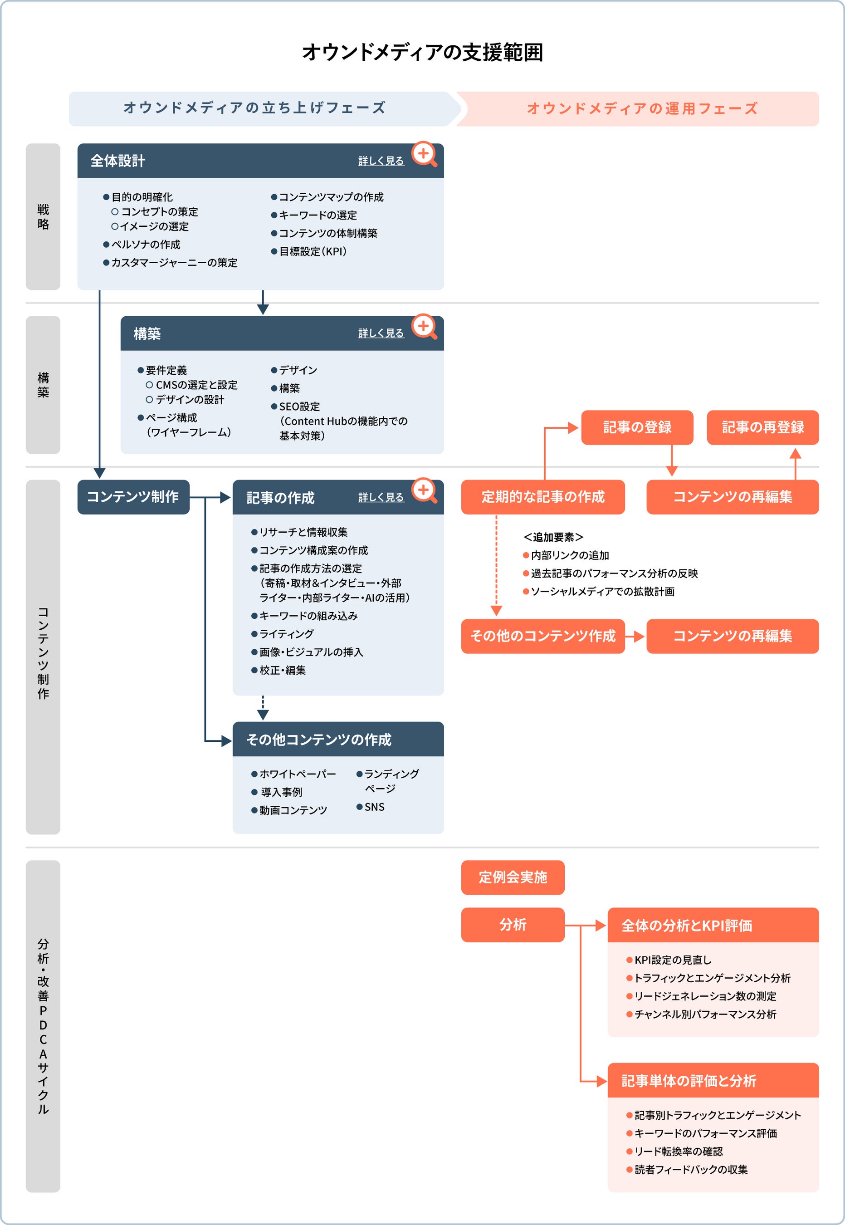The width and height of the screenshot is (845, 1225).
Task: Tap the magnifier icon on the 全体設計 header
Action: (x=424, y=154)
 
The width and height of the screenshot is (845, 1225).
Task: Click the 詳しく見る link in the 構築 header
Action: (x=381, y=333)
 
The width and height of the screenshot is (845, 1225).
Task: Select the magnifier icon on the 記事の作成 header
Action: (x=424, y=490)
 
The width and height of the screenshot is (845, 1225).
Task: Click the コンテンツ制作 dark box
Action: (x=133, y=497)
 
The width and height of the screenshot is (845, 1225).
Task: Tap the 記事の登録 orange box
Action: (x=637, y=427)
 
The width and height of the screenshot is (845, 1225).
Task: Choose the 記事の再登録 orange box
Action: (x=762, y=427)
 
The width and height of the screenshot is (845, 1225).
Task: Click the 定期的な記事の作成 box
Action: (x=542, y=497)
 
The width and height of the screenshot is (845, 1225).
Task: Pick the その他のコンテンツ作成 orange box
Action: (x=542, y=636)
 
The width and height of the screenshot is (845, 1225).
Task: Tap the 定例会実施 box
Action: (x=513, y=877)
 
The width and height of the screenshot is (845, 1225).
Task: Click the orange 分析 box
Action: (x=513, y=925)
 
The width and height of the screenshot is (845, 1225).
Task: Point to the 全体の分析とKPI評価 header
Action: (x=713, y=925)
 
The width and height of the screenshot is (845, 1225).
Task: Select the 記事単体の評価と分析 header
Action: (x=713, y=1080)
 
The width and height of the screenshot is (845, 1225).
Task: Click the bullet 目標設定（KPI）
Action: (x=313, y=251)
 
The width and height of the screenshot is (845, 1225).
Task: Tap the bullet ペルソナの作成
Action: (x=145, y=245)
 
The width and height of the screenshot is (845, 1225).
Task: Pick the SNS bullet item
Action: (x=374, y=807)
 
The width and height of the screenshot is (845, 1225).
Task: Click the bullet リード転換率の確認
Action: (x=678, y=1151)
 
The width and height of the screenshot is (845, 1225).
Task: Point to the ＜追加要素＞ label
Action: (x=553, y=537)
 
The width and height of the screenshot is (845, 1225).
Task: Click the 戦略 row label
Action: (x=43, y=216)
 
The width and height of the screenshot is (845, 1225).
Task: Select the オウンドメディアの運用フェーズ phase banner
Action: (x=642, y=108)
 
